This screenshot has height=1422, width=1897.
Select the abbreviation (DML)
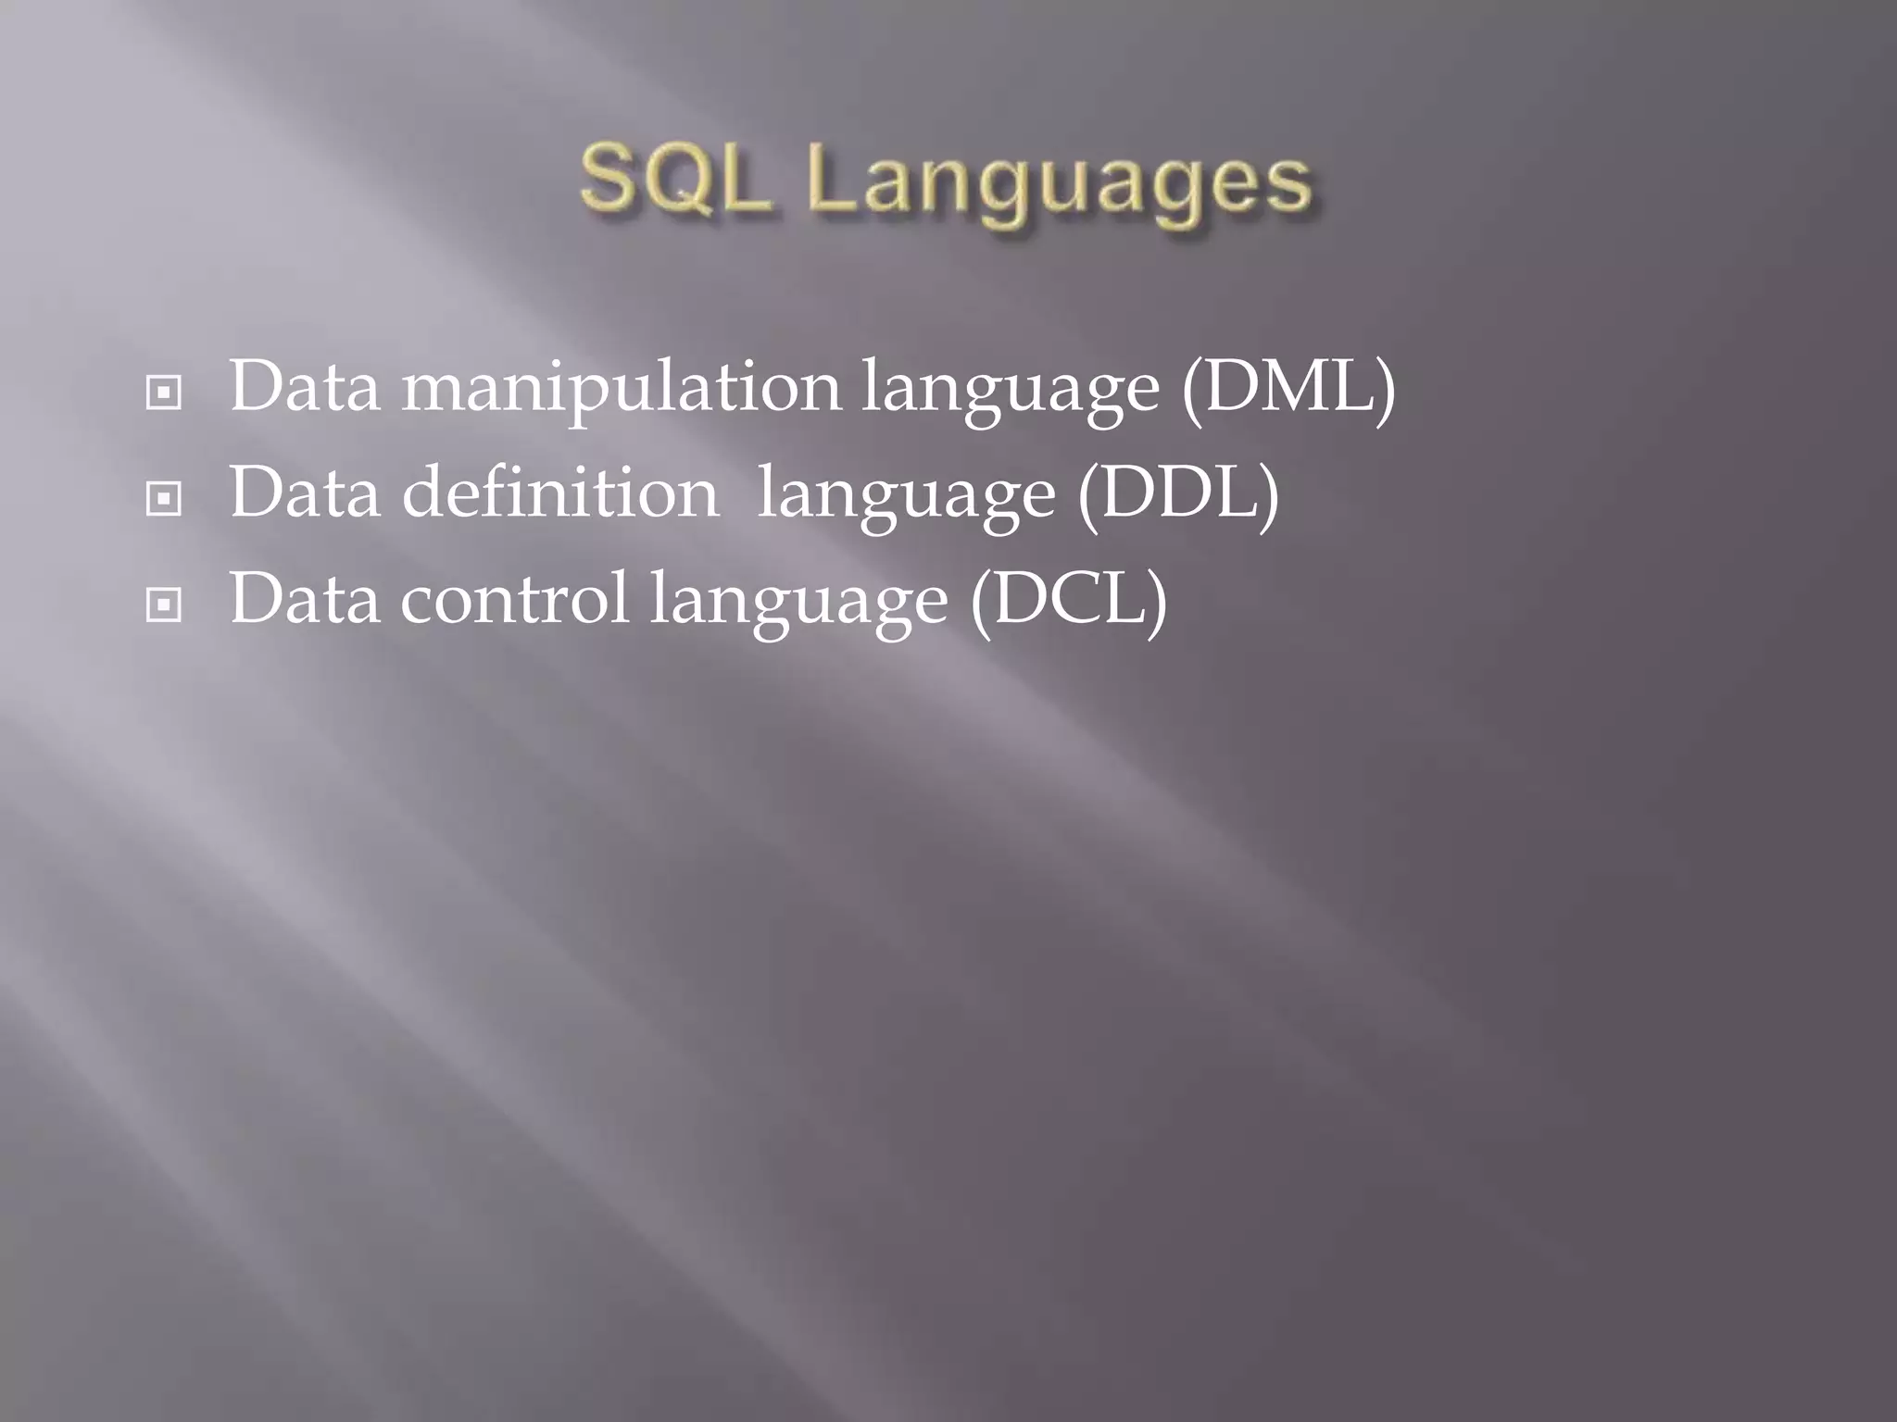(1288, 387)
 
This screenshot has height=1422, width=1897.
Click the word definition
(560, 493)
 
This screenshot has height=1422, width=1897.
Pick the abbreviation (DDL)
(1177, 493)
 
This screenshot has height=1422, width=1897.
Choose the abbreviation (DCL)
(1068, 600)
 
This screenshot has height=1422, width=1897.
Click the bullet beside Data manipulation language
(164, 393)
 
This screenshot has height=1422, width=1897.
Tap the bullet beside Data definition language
(164, 500)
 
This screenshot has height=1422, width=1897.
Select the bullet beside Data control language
(164, 606)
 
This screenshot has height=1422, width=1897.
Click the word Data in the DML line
(304, 387)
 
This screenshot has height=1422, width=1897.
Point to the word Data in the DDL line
(304, 493)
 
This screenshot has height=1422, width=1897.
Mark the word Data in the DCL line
(304, 600)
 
